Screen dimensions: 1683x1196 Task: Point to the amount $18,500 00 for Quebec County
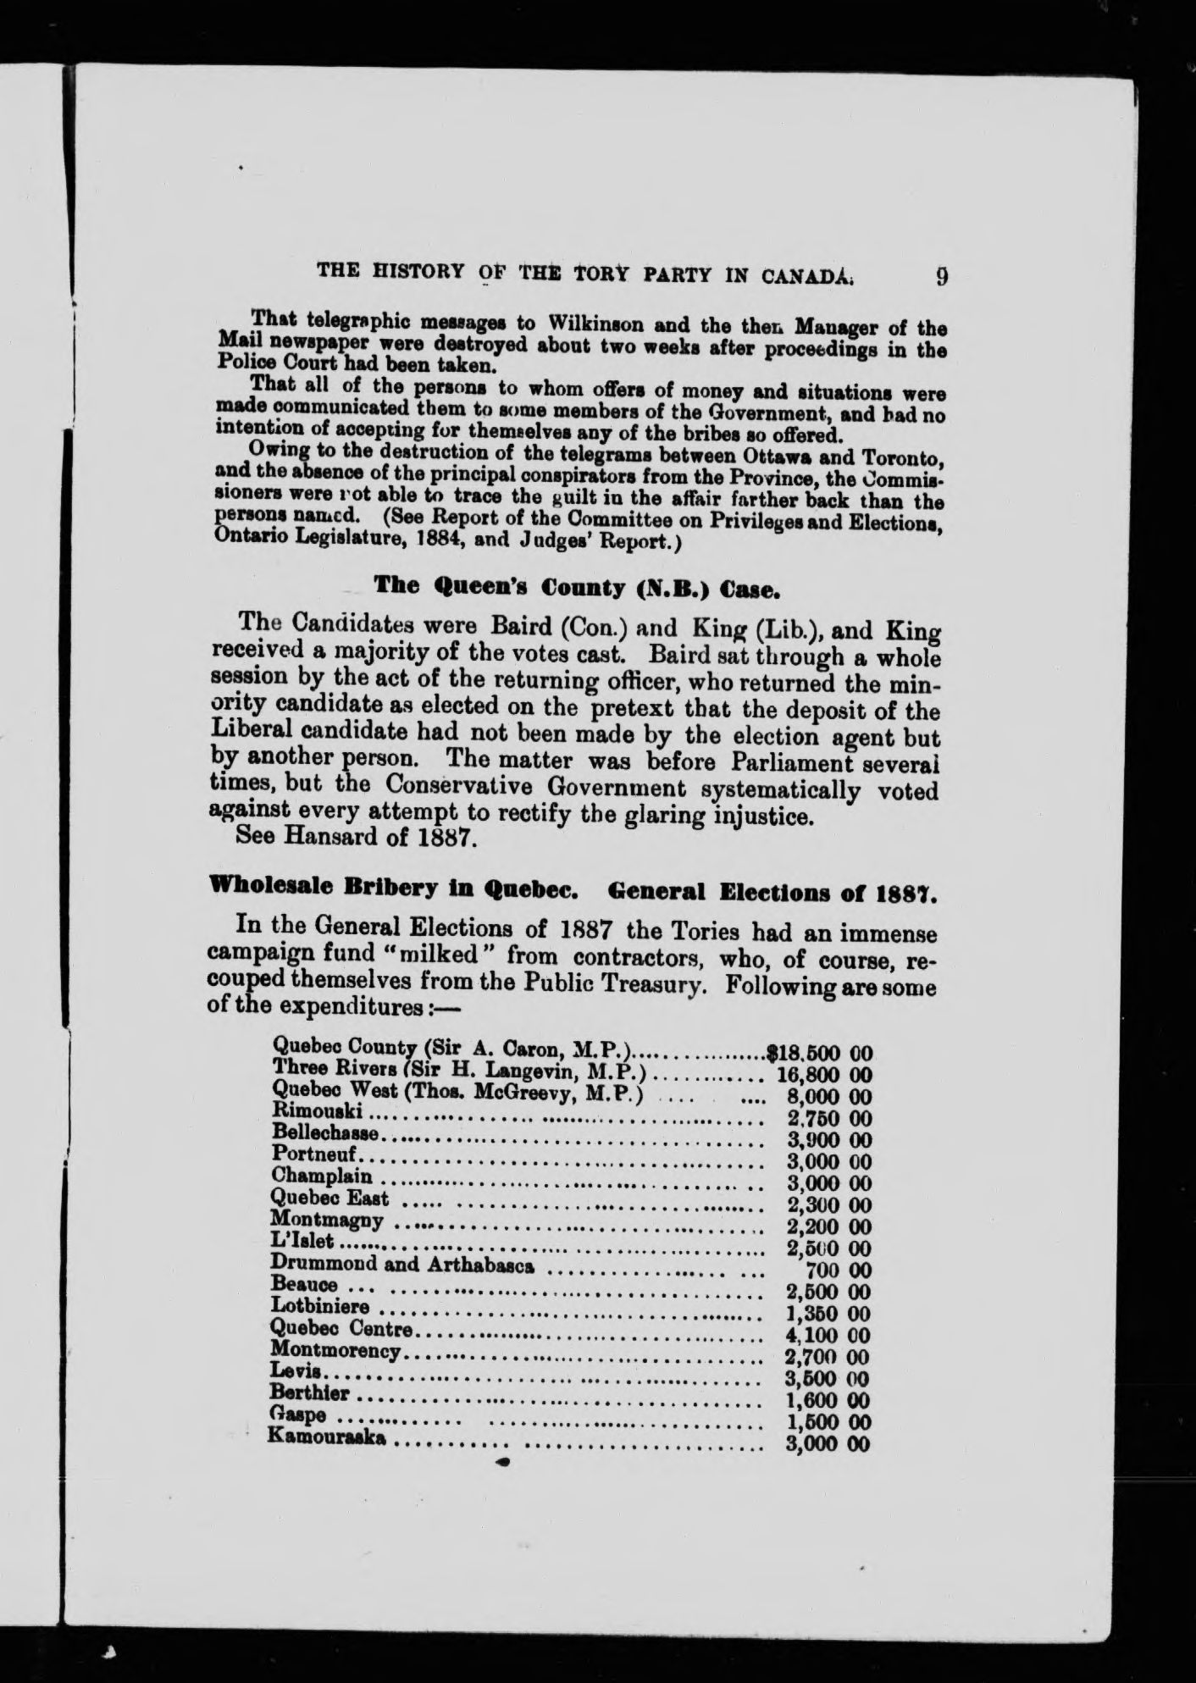[818, 1054]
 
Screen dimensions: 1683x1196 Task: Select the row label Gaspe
[297, 1417]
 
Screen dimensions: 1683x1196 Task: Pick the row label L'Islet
[303, 1243]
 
